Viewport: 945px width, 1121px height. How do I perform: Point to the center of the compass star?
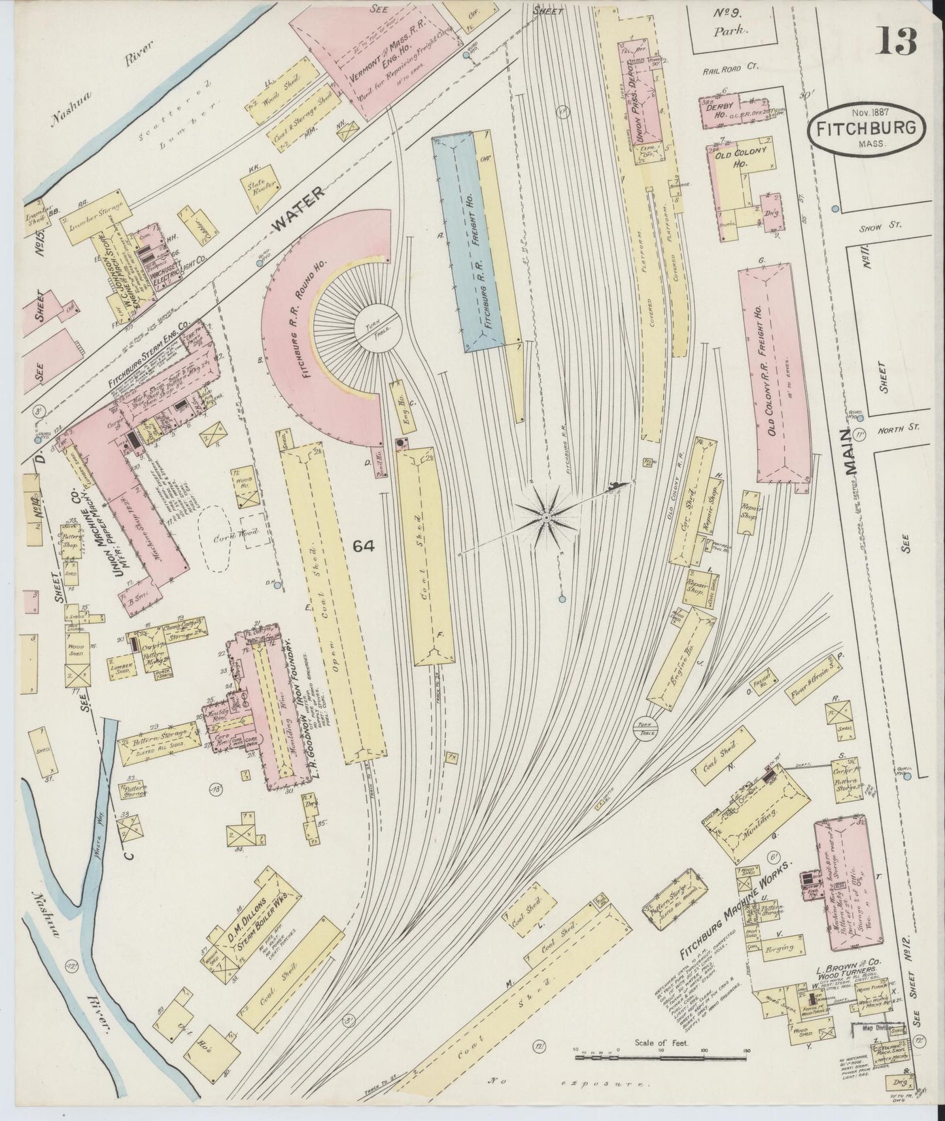(544, 517)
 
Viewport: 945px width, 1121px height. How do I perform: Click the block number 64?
(364, 546)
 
